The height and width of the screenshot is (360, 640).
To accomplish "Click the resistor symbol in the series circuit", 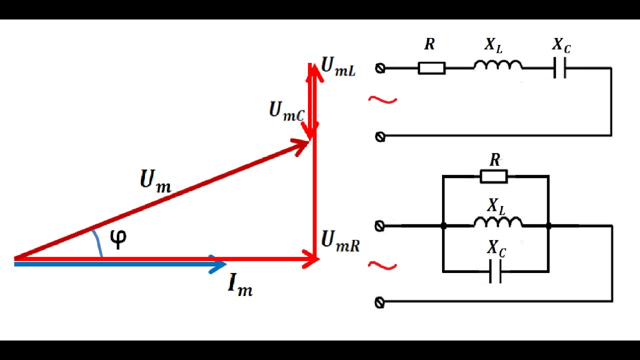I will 431,68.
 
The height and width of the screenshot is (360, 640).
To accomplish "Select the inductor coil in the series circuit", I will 497,65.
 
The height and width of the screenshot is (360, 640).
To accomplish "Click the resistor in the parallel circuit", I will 493,176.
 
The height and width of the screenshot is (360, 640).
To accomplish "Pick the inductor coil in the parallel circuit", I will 497,222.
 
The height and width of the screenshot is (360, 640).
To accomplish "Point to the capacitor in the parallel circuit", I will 495,271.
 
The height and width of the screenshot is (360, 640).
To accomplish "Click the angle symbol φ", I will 118,239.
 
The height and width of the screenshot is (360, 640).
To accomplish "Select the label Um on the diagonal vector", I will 155,181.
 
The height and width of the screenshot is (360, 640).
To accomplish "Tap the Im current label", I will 240,285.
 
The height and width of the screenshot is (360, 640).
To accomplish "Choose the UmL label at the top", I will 338,66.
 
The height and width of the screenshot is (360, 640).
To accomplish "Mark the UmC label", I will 286,111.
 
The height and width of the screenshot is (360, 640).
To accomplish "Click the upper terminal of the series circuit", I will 380,68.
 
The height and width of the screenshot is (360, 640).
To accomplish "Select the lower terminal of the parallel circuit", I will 379,302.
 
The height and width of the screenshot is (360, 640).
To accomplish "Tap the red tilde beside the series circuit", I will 382,100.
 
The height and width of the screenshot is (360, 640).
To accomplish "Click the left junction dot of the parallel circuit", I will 443,226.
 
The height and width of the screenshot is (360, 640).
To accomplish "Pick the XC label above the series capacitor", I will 561,45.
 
